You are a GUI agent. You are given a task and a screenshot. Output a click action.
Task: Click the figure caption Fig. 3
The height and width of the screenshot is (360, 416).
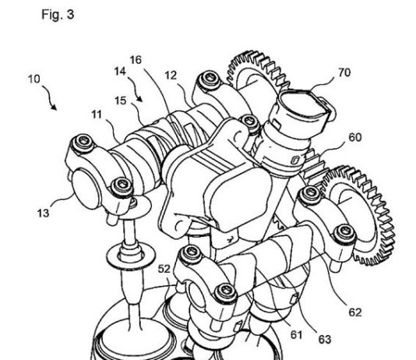[x=58, y=14]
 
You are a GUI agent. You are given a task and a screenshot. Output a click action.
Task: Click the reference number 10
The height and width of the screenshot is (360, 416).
[x=33, y=79]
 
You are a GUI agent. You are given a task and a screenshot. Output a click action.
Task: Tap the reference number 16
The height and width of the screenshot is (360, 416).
[x=136, y=60]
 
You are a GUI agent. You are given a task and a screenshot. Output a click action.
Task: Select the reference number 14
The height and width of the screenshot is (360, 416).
[x=120, y=72]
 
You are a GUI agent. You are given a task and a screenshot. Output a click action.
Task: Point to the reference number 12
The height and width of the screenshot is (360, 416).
[x=171, y=76]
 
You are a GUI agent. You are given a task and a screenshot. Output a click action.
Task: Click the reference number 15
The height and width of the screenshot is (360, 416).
[x=121, y=101]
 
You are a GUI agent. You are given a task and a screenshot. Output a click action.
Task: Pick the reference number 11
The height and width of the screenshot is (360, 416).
[x=97, y=115]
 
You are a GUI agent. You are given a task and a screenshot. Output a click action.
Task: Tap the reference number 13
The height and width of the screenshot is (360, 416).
[x=44, y=213]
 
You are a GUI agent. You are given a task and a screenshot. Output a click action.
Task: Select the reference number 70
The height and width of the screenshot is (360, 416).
[x=344, y=72]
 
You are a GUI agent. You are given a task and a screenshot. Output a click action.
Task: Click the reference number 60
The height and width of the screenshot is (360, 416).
[x=355, y=137]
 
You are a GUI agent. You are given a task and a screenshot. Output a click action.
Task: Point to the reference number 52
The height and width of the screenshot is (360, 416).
[x=164, y=269]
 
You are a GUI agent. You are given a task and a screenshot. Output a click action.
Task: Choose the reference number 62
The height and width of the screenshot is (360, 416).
[x=355, y=312]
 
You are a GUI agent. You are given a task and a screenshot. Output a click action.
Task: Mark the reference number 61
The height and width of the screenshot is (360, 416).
[x=296, y=335]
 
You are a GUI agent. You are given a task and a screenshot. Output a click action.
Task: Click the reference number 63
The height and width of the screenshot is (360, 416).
[x=325, y=339]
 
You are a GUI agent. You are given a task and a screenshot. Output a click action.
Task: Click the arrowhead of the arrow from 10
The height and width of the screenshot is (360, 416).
[x=55, y=108]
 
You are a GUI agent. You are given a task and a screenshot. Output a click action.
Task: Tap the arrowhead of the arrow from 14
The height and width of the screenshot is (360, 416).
[x=140, y=100]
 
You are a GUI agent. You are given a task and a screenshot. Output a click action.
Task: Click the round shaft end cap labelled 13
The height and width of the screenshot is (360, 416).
[x=84, y=189]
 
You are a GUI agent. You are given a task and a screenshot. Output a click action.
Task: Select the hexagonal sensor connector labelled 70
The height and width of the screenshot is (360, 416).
[x=305, y=112]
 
